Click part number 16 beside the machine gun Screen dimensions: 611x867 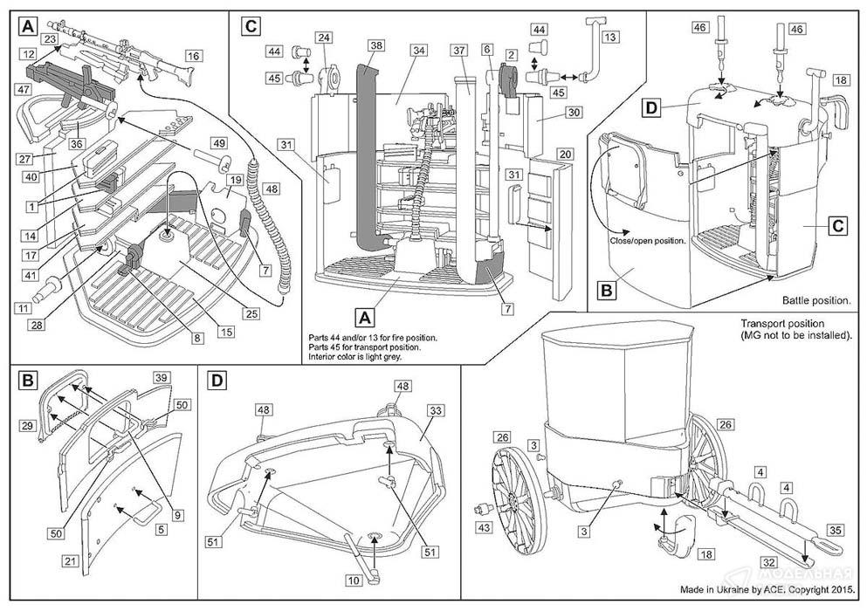[193, 55]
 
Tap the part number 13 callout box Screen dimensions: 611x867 [609, 36]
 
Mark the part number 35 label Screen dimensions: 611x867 [835, 529]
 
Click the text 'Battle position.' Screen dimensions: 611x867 [816, 300]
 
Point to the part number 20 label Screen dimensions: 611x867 [565, 154]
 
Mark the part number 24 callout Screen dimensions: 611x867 [324, 38]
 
